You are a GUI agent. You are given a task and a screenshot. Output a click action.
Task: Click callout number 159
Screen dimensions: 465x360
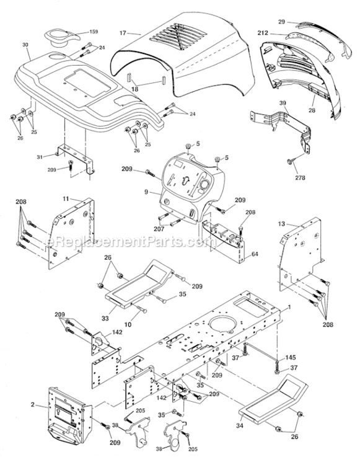[x=94, y=32]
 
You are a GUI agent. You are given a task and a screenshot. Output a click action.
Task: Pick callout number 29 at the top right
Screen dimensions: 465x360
[x=281, y=20]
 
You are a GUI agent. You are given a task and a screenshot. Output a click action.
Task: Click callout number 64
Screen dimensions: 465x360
[x=255, y=253]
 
